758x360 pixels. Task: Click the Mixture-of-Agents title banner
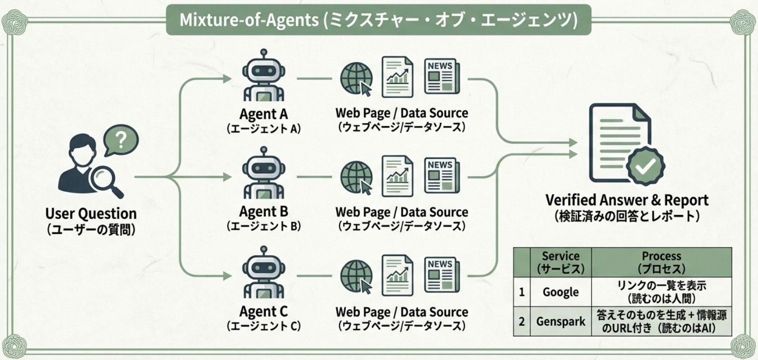pyautogui.click(x=378, y=20)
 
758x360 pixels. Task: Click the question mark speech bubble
pyautogui.click(x=121, y=140)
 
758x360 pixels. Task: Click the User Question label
pyautogui.click(x=91, y=214)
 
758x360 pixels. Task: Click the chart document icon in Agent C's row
pyautogui.click(x=397, y=275)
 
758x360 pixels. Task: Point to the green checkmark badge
pyautogui.click(x=645, y=167)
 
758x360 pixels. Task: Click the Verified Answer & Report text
pyautogui.click(x=627, y=201)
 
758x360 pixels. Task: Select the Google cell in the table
pyautogui.click(x=560, y=292)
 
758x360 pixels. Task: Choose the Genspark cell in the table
pyautogui.click(x=560, y=321)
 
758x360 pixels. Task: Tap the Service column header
pyautogui.click(x=560, y=262)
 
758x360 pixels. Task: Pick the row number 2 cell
pyautogui.click(x=522, y=321)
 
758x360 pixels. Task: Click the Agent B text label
pyautogui.click(x=264, y=212)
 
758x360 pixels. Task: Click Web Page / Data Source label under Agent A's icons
pyautogui.click(x=401, y=113)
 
